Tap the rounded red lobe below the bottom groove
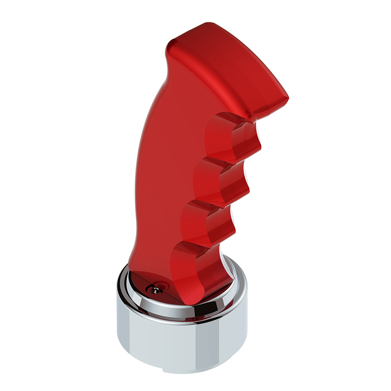pos(202,287)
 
